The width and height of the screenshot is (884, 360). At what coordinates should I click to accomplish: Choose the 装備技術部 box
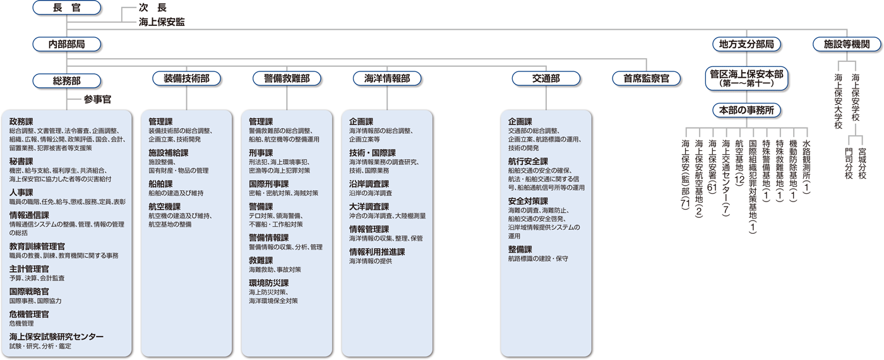point(186,78)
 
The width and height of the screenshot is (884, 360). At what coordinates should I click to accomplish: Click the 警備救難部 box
point(286,78)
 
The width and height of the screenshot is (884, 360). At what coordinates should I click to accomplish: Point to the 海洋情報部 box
point(387,78)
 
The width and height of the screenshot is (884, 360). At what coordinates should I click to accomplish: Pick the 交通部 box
point(546,78)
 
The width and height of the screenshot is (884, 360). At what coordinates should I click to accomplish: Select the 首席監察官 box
point(646,78)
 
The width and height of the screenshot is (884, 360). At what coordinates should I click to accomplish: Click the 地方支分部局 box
point(746,44)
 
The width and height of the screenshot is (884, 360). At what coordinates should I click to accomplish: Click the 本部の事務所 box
point(746,110)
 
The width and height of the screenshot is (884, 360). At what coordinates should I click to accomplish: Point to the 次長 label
point(153,9)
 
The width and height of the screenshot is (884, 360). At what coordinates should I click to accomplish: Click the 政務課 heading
point(21,121)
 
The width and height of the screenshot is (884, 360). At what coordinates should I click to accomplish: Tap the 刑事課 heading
point(261,152)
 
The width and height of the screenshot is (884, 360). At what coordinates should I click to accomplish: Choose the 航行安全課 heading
point(528,161)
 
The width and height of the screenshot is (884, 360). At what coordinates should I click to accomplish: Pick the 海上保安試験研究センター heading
point(56,337)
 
